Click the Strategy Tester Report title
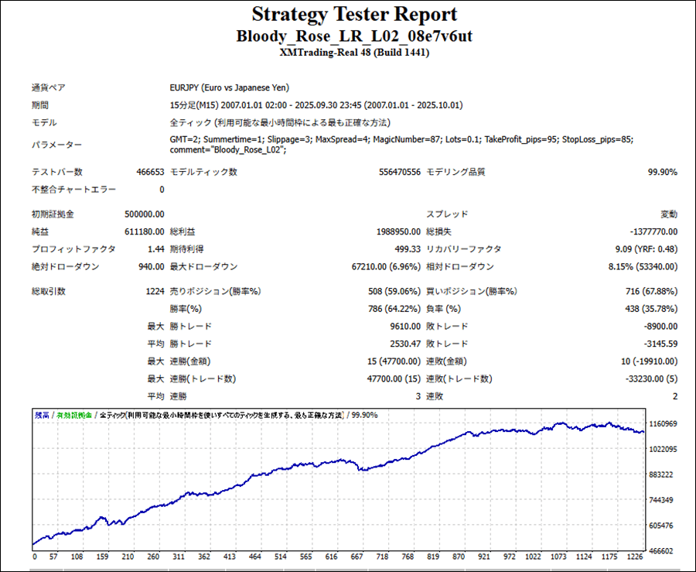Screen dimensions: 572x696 pos(354,15)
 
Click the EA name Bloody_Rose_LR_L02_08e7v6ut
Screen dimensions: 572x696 pos(353,36)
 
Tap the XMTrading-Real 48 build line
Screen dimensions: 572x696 pos(354,53)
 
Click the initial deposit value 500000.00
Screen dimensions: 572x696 pos(144,214)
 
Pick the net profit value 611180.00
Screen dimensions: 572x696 pos(144,231)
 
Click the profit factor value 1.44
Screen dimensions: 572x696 pos(155,249)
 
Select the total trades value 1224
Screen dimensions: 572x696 pos(153,292)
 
